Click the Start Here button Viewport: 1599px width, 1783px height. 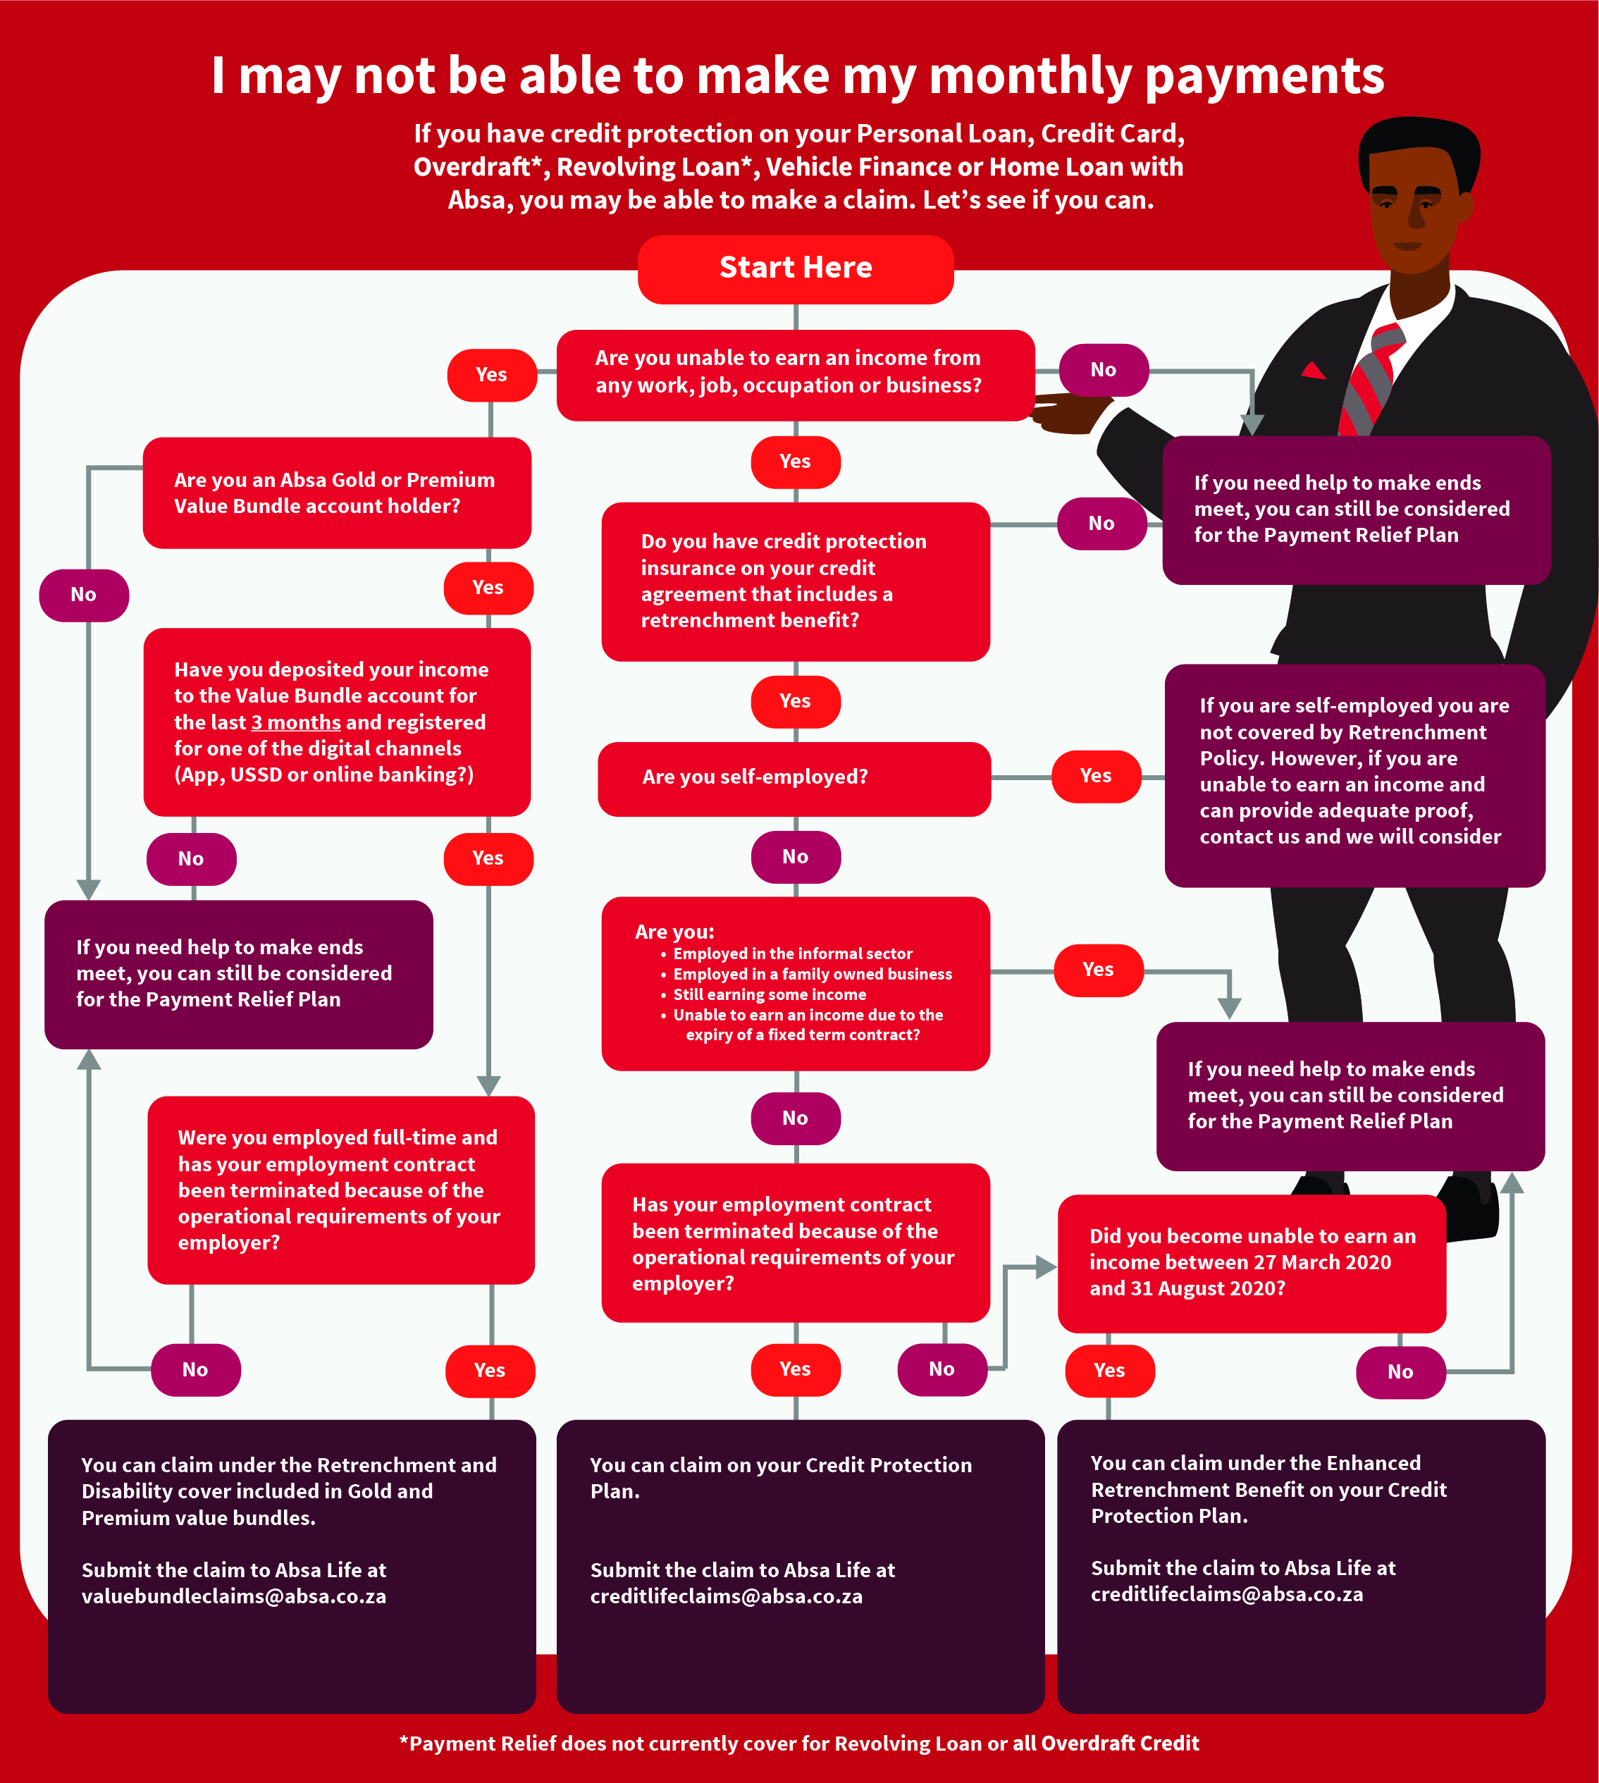pos(795,268)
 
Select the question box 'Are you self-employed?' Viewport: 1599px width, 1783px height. pos(794,778)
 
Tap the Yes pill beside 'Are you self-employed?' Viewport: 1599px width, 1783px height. pos(1096,776)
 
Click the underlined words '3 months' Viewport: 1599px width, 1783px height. pos(296,722)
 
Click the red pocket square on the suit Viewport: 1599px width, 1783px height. pos(1314,370)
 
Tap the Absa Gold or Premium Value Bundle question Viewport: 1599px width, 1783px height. pos(336,493)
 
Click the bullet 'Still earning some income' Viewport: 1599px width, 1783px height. pos(769,994)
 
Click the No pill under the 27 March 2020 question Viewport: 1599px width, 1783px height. pos(1400,1371)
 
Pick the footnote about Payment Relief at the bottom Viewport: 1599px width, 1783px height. pos(798,1744)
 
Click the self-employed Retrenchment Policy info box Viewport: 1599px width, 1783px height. pos(1354,773)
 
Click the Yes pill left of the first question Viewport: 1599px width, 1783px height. pos(491,374)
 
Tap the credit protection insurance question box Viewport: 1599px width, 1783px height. pos(795,581)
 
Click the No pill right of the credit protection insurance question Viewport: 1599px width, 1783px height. pos(1101,524)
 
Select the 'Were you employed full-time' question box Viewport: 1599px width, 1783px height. pos(341,1189)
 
